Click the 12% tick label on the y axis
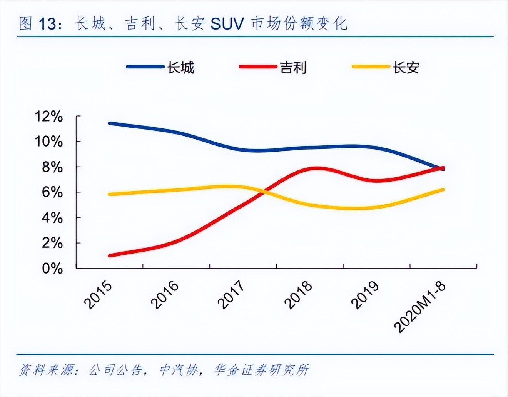coord(49,116)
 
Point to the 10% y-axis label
coord(49,142)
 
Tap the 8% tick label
coord(52,167)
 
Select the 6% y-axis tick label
coord(52,192)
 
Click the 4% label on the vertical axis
coord(52,218)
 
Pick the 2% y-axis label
coord(52,243)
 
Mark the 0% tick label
coord(52,269)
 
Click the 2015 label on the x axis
coord(99,295)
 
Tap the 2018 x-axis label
coord(299,295)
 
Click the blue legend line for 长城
coord(145,67)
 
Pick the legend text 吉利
coord(293,68)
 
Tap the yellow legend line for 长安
coord(371,67)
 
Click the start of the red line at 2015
coord(110,255)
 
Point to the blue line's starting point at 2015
coord(110,123)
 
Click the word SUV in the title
coord(227,24)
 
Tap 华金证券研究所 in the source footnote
coord(262,370)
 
